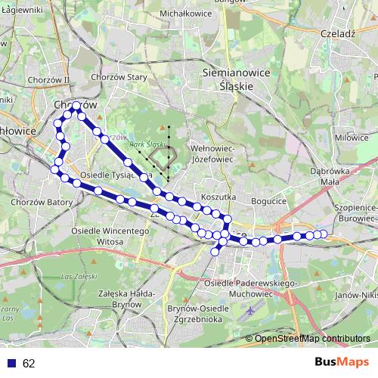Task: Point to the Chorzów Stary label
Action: click(118, 76)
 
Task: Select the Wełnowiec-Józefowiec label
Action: click(215, 154)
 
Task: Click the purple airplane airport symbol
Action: click(252, 311)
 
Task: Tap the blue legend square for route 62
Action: click(11, 363)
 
